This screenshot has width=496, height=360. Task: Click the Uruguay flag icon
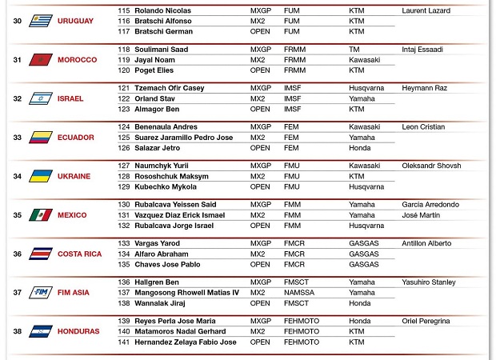click(41, 21)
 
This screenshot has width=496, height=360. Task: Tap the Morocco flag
click(41, 60)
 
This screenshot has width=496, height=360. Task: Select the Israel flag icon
click(41, 98)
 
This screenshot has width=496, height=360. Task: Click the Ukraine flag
click(41, 176)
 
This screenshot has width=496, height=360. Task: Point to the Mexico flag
click(41, 215)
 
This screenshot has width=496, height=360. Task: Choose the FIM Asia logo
click(41, 293)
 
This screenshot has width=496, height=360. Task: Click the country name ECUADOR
click(76, 138)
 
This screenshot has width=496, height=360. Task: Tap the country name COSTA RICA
click(80, 254)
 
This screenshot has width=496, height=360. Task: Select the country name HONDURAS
click(78, 331)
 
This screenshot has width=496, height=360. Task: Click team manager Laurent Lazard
click(426, 11)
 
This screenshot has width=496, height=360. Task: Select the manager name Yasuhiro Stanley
click(429, 282)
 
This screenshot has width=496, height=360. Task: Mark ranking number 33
click(18, 138)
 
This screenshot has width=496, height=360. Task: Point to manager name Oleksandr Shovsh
click(430, 166)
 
